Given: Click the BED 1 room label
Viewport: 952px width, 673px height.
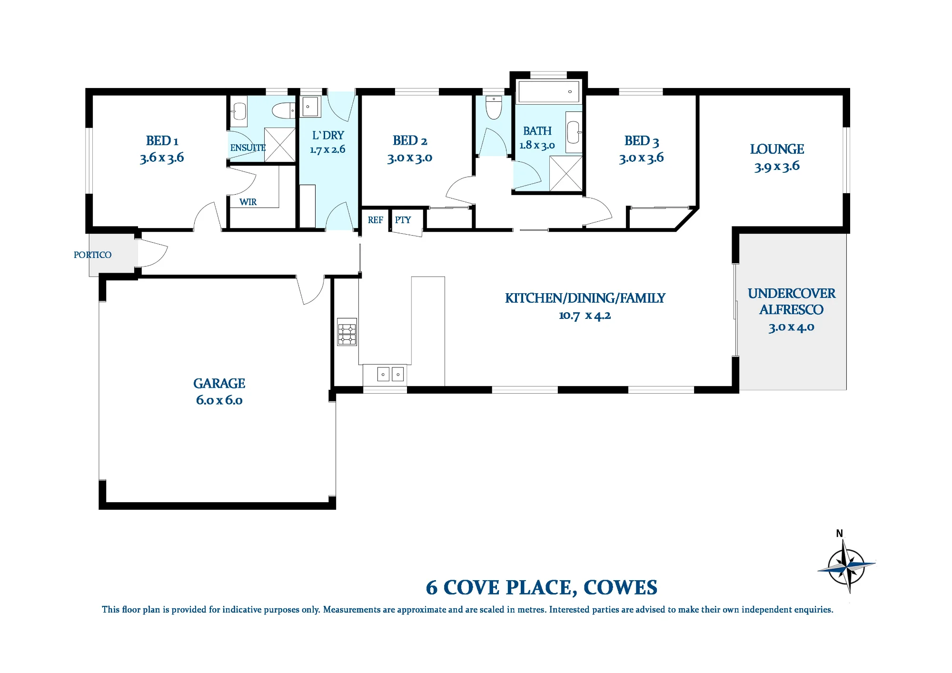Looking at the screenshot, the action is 162,141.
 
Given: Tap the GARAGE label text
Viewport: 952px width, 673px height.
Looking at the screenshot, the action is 219,383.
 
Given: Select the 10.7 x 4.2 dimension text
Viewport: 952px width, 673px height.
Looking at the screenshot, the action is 585,315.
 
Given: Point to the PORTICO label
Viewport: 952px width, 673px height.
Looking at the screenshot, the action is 92,255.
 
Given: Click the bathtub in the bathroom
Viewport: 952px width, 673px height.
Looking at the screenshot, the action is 548,91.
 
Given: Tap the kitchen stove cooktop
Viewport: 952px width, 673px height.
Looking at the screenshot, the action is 347,332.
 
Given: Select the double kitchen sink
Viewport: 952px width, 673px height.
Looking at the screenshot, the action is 391,374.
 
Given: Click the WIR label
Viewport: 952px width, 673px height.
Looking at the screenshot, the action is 248,202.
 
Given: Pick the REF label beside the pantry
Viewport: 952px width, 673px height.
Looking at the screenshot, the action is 375,220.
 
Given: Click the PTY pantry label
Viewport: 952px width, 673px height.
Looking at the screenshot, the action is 403,220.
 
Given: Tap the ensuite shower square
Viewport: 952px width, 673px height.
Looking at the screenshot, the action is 280,145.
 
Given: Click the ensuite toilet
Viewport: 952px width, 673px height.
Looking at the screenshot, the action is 284,110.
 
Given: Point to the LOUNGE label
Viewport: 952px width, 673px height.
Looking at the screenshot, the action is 777,149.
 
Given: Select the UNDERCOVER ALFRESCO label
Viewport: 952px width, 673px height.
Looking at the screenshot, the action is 791,301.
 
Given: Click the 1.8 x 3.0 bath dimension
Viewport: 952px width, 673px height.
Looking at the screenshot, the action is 537,145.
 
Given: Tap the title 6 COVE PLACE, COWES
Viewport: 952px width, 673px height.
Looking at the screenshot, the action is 542,587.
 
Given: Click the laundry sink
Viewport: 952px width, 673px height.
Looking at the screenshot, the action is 310,107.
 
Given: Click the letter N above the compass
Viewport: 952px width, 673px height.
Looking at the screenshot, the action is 840,534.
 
